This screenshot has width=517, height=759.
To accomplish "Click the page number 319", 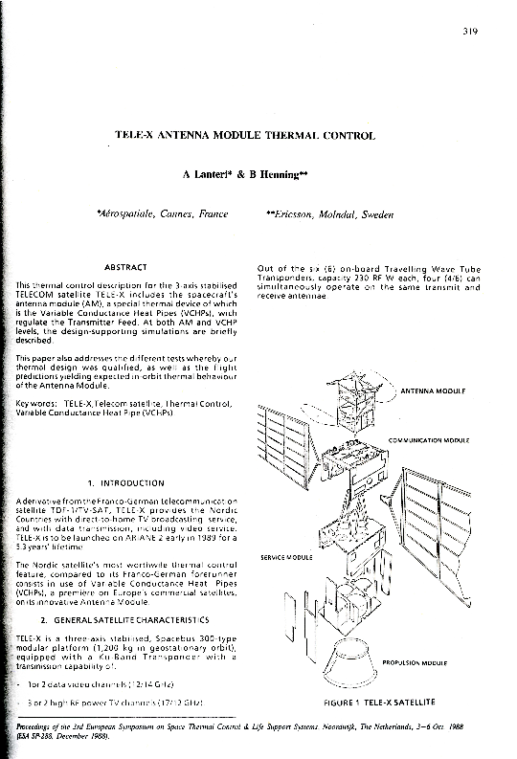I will [x=471, y=31].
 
